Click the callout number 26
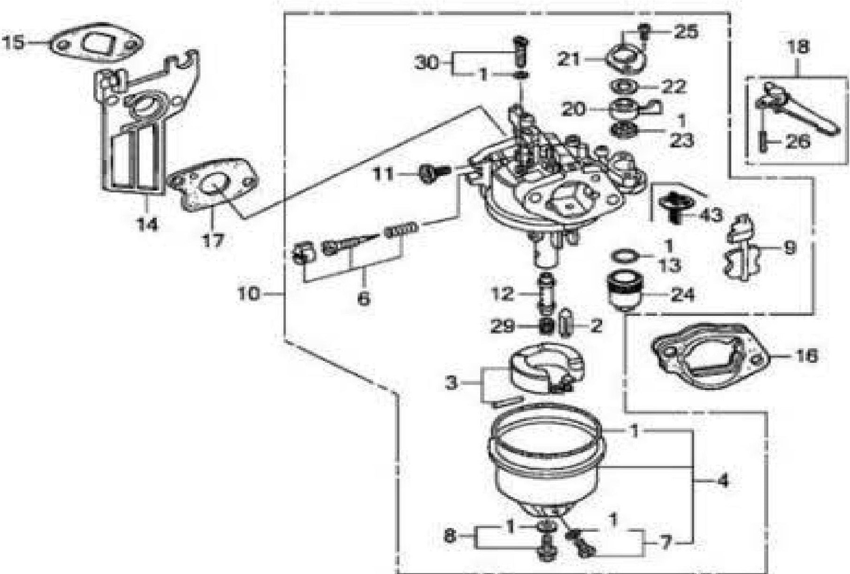(x=798, y=141)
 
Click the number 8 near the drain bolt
(x=449, y=536)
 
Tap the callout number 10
(x=249, y=295)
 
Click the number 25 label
(x=686, y=31)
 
